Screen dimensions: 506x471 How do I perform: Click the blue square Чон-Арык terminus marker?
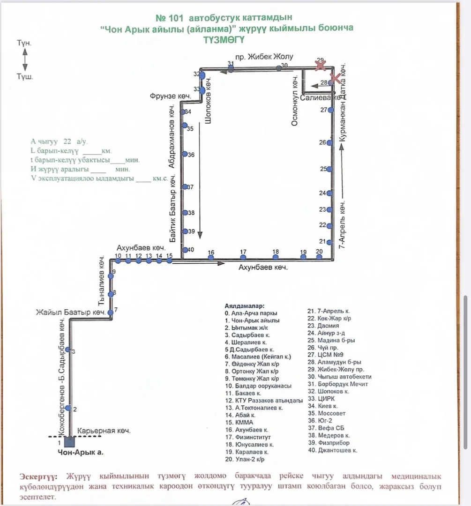click(x=69, y=441)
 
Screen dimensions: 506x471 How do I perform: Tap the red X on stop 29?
click(x=321, y=66)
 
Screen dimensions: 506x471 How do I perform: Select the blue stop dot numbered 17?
click(x=243, y=257)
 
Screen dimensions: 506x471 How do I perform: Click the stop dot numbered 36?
click(x=185, y=155)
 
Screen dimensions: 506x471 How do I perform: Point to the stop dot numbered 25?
click(x=331, y=169)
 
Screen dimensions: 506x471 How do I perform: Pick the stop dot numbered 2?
click(x=68, y=408)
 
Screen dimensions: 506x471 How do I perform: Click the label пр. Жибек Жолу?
click(x=264, y=57)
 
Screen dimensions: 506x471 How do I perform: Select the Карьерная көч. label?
click(x=104, y=431)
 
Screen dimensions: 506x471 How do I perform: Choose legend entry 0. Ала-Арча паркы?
click(x=251, y=313)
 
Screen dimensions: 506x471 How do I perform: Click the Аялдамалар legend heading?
click(x=245, y=305)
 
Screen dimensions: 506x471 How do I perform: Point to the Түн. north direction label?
click(x=24, y=43)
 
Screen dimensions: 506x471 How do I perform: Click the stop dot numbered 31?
click(x=231, y=69)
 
